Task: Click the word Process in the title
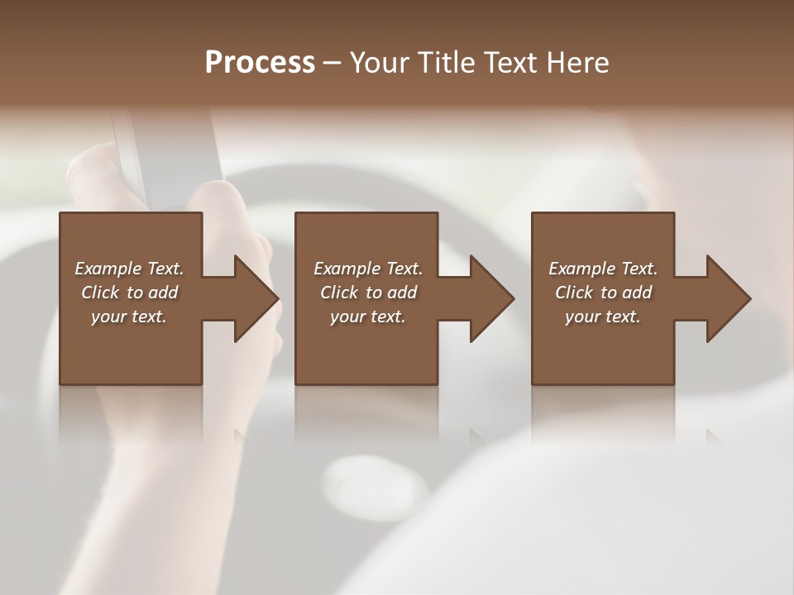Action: [x=260, y=63]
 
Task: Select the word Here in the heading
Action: [x=578, y=63]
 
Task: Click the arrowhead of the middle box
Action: [x=490, y=299]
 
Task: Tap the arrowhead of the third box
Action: [x=726, y=299]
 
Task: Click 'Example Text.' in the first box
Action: [x=129, y=269]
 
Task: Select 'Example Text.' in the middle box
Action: [x=368, y=269]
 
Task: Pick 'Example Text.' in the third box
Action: [x=603, y=269]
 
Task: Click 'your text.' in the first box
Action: [x=129, y=317]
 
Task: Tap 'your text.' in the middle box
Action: [x=368, y=317]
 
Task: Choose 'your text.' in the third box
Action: [x=603, y=317]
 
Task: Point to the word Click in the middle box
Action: [x=338, y=293]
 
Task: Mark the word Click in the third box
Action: [x=573, y=293]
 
